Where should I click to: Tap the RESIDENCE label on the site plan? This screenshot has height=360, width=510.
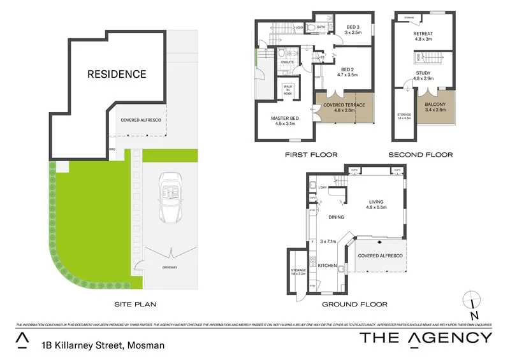point(117,74)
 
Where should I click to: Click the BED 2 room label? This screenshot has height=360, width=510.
point(347,73)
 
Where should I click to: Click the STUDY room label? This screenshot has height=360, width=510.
point(424,76)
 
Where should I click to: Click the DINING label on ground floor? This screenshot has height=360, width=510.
point(336,217)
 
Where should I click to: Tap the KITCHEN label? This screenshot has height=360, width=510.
point(326,264)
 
